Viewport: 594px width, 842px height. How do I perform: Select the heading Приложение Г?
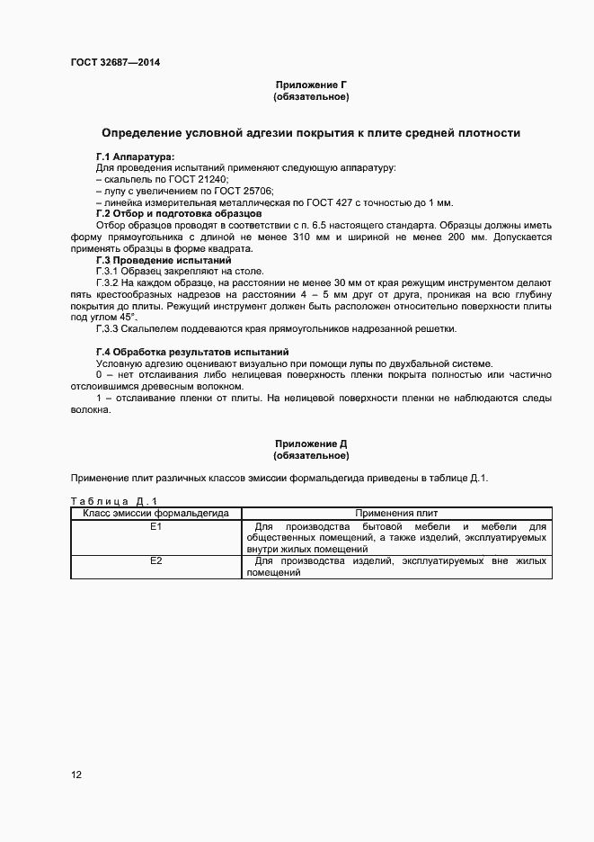coord(311,85)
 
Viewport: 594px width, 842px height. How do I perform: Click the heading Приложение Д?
coord(311,444)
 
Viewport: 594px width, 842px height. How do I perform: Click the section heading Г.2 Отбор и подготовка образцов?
coord(179,214)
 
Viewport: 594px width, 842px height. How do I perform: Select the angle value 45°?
coord(126,318)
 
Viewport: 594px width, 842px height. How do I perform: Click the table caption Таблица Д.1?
coord(113,500)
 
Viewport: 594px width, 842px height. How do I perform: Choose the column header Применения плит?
coord(396,513)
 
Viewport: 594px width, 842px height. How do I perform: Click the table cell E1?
coord(156,526)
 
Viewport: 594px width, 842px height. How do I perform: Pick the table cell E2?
coord(156,561)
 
